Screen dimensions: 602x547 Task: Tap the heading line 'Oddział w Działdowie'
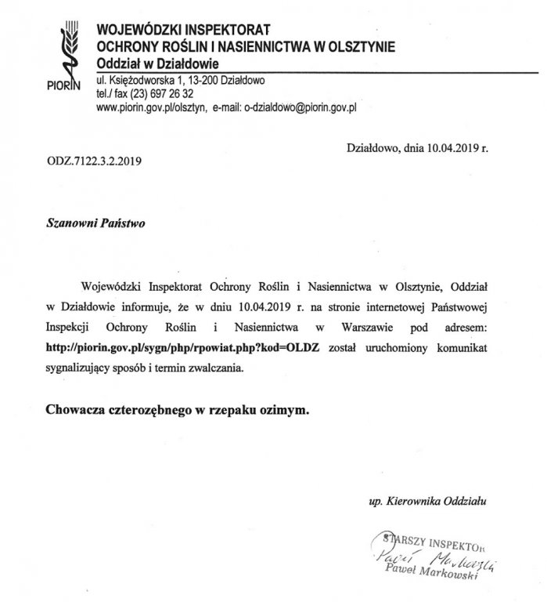[x=157, y=62]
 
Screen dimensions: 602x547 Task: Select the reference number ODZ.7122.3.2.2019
[x=94, y=163]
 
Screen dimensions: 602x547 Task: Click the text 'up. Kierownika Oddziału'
[x=432, y=499]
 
